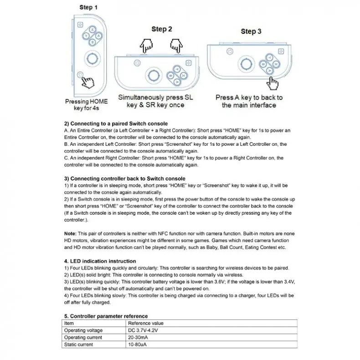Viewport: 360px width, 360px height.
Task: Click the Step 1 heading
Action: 88,7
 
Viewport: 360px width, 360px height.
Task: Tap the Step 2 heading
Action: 162,29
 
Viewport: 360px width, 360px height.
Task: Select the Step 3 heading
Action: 251,31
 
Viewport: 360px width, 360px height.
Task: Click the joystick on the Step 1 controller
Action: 93,58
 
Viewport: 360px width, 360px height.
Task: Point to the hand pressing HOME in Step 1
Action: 87,82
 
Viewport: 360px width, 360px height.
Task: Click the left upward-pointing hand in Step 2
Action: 146,46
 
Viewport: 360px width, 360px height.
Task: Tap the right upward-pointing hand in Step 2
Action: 176,46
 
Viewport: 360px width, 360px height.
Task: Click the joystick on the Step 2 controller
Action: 154,75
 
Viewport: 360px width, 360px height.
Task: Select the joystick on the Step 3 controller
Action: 246,64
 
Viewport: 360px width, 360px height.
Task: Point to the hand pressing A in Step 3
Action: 273,83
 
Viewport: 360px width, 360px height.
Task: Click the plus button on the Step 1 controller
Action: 80,25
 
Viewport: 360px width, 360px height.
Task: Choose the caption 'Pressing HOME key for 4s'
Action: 86,105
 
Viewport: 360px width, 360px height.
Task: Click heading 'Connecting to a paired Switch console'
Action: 116,123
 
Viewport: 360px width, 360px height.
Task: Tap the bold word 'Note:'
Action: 70,233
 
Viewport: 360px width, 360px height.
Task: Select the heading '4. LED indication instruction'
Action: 100,261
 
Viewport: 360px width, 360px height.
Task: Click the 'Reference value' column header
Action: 146,323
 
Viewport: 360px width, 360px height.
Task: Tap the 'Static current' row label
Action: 78,345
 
